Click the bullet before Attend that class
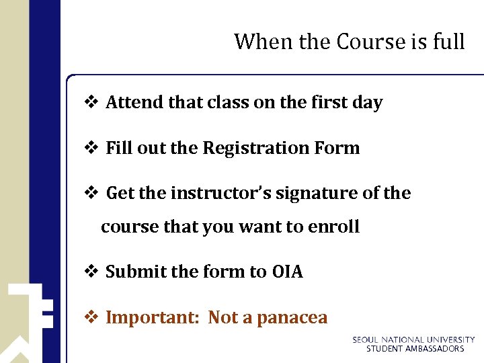pyautogui.click(x=91, y=102)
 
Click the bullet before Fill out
pyautogui.click(x=91, y=148)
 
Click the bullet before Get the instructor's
pyautogui.click(x=91, y=193)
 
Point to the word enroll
pyautogui.click(x=333, y=227)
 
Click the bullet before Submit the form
pyautogui.click(x=91, y=272)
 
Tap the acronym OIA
pyautogui.click(x=288, y=272)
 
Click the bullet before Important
pyautogui.click(x=91, y=317)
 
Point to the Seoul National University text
pyautogui.click(x=413, y=340)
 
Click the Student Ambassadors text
pyautogui.click(x=415, y=349)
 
